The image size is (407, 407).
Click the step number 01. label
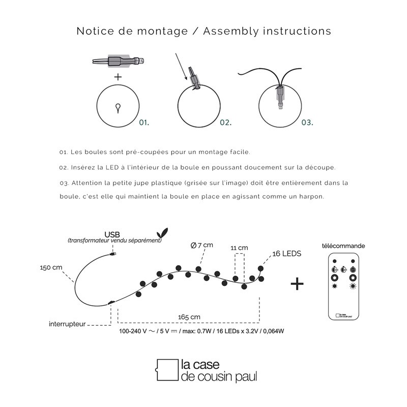click(x=144, y=122)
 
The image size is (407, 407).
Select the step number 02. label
click(x=226, y=122)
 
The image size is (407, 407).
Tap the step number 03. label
click(x=307, y=122)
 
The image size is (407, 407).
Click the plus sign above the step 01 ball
click(x=118, y=77)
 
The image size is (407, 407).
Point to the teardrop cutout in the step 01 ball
click(x=118, y=107)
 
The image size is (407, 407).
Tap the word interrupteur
click(x=67, y=324)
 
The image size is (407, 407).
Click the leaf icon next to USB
click(x=163, y=231)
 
